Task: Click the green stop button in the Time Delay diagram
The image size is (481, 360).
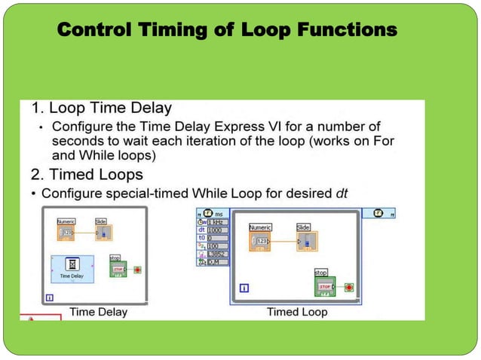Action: coord(118,268)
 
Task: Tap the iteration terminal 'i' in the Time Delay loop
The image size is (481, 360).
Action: coord(49,297)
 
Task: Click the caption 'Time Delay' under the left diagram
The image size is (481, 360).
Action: coord(98,312)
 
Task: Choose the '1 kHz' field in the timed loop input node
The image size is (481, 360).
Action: coord(219,222)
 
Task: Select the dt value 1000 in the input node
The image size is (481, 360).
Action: coord(219,230)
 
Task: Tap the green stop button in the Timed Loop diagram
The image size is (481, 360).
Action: coord(324,287)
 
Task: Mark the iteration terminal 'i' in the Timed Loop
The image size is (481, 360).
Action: coord(244,288)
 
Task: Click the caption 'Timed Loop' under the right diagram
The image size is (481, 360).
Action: coord(297,312)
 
